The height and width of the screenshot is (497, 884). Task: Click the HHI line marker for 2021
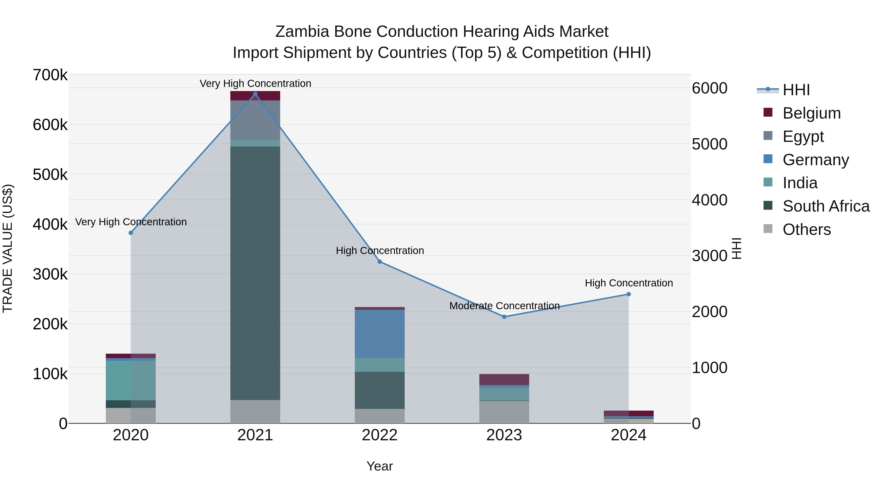click(x=255, y=94)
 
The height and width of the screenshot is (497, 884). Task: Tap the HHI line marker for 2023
click(x=504, y=317)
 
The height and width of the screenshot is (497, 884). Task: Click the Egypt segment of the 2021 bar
click(x=255, y=120)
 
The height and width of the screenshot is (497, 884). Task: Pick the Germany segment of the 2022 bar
click(x=380, y=334)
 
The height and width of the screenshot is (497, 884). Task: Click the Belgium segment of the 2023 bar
click(x=504, y=379)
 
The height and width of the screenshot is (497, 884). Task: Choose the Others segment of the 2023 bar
click(x=504, y=412)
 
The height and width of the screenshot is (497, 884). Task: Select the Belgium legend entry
click(x=811, y=113)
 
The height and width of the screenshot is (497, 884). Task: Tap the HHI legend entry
click(x=796, y=90)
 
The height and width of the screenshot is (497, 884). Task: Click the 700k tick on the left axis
click(x=50, y=75)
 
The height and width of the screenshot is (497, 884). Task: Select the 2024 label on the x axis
click(x=628, y=435)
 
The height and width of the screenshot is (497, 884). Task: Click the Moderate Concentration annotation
click(x=504, y=306)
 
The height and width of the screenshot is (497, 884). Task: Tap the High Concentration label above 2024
click(x=629, y=283)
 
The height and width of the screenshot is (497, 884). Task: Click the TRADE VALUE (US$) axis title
click(x=8, y=248)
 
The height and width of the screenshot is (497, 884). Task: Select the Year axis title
click(x=380, y=466)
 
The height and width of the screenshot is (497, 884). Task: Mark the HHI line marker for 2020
click(x=130, y=233)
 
